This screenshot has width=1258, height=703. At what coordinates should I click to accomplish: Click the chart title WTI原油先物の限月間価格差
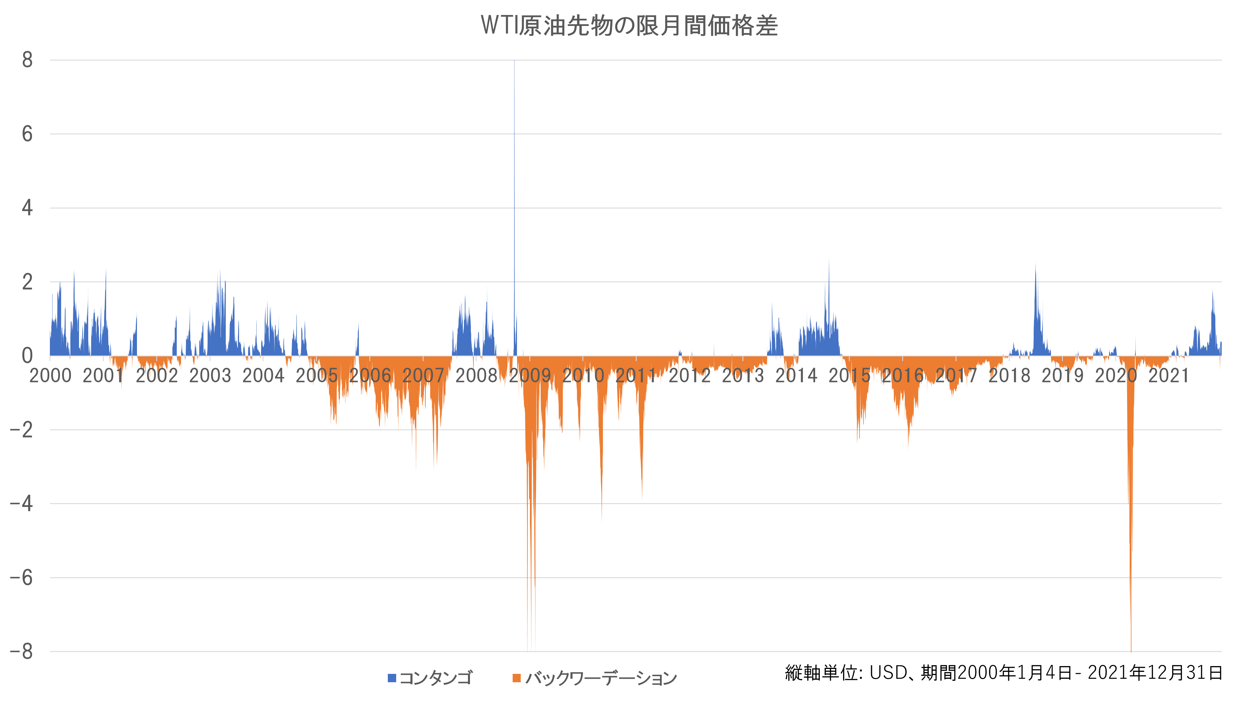(629, 25)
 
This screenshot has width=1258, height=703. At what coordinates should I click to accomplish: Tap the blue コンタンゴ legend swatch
(392, 678)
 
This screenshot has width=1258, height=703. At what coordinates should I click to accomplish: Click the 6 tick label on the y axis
(27, 134)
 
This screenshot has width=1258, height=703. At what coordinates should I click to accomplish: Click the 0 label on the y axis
(27, 356)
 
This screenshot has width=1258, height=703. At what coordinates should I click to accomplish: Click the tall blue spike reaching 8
(514, 146)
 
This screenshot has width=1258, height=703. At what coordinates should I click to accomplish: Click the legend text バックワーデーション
(601, 678)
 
